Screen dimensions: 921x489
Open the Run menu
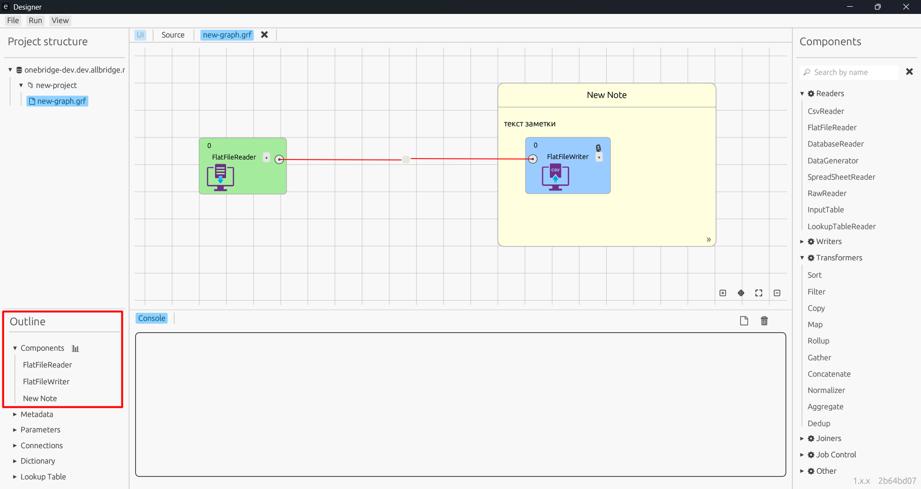pyautogui.click(x=35, y=21)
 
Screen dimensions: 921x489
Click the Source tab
pyautogui.click(x=173, y=35)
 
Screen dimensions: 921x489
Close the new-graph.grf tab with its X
pyautogui.click(x=264, y=35)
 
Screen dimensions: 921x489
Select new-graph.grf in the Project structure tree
pyautogui.click(x=58, y=101)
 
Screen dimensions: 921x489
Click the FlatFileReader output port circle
pyautogui.click(x=279, y=159)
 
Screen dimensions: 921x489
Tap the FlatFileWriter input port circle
pyautogui.click(x=533, y=159)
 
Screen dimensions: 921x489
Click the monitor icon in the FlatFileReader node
pyautogui.click(x=220, y=178)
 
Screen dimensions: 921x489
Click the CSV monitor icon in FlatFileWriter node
pyautogui.click(x=555, y=178)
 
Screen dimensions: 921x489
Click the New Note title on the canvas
pyautogui.click(x=607, y=95)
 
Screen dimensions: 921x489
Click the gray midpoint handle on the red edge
pyautogui.click(x=406, y=159)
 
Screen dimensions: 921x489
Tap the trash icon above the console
pyautogui.click(x=765, y=321)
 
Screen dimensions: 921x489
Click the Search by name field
pyautogui.click(x=849, y=72)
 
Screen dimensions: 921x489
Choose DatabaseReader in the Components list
pyautogui.click(x=836, y=144)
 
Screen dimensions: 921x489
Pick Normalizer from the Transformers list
pyautogui.click(x=826, y=391)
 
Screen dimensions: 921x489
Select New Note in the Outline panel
pyautogui.click(x=40, y=399)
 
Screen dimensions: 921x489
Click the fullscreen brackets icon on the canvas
pyautogui.click(x=759, y=293)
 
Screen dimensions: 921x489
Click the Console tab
pyautogui.click(x=152, y=318)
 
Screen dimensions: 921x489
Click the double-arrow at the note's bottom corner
pyautogui.click(x=708, y=240)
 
